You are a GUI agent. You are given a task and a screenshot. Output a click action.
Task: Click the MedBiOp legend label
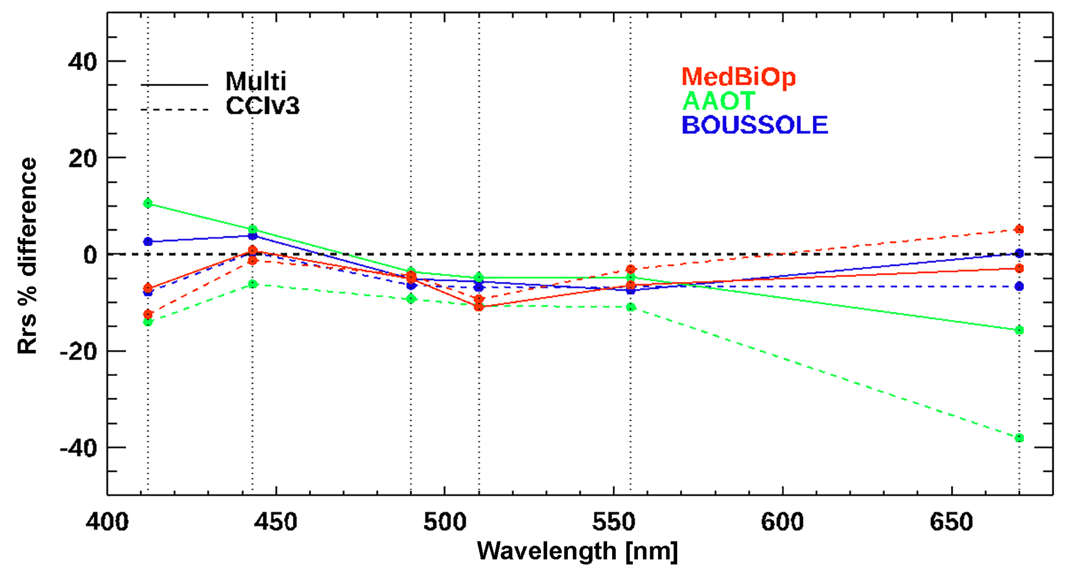[x=738, y=77]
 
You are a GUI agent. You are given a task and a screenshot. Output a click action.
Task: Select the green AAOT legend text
[x=718, y=101]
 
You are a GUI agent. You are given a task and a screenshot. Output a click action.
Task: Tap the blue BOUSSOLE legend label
[x=755, y=125]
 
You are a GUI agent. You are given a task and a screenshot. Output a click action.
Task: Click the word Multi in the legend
[x=256, y=81]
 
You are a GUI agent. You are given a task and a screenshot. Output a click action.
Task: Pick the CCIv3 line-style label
[x=263, y=106]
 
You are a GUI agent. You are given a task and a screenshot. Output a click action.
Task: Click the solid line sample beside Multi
[x=174, y=85]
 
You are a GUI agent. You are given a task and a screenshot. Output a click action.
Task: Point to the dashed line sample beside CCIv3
[x=174, y=109]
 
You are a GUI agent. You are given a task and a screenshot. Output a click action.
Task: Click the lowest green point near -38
[x=1019, y=438]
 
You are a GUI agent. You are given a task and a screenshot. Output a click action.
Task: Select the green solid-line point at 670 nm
[x=1019, y=330]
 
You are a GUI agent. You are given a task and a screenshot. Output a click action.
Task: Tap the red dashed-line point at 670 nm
[x=1019, y=229]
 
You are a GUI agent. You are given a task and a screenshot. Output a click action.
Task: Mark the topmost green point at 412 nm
[x=148, y=203]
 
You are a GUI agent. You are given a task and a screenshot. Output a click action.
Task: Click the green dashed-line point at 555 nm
[x=631, y=307]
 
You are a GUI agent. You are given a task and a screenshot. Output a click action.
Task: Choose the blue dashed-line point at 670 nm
[x=1019, y=286]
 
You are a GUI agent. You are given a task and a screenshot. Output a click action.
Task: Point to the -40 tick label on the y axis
[x=78, y=448]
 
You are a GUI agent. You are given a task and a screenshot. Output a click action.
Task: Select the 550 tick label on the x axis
[x=613, y=522]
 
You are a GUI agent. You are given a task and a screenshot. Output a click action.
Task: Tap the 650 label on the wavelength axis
[x=951, y=522]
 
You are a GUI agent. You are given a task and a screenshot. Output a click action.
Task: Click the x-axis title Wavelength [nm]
[x=577, y=551]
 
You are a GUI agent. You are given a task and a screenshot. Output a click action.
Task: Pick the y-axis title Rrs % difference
[x=28, y=256]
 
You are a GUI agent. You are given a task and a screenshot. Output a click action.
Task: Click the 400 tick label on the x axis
[x=107, y=522]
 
